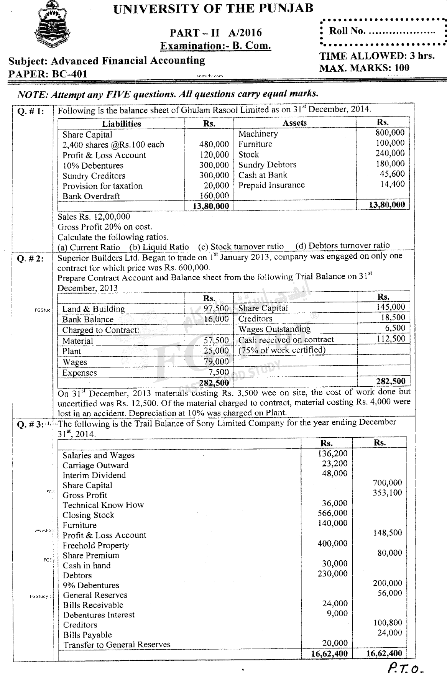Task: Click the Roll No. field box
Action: pos(383,32)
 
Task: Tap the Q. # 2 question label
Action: pos(31,259)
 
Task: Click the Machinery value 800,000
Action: pos(390,133)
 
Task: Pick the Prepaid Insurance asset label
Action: pos(271,185)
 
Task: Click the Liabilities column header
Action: pos(121,124)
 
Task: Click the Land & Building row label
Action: pos(94,309)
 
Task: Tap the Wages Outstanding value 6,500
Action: pos(395,328)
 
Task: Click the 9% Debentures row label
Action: pos(91,585)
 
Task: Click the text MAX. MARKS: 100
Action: pos(364,68)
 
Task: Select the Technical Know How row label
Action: pos(103,505)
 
